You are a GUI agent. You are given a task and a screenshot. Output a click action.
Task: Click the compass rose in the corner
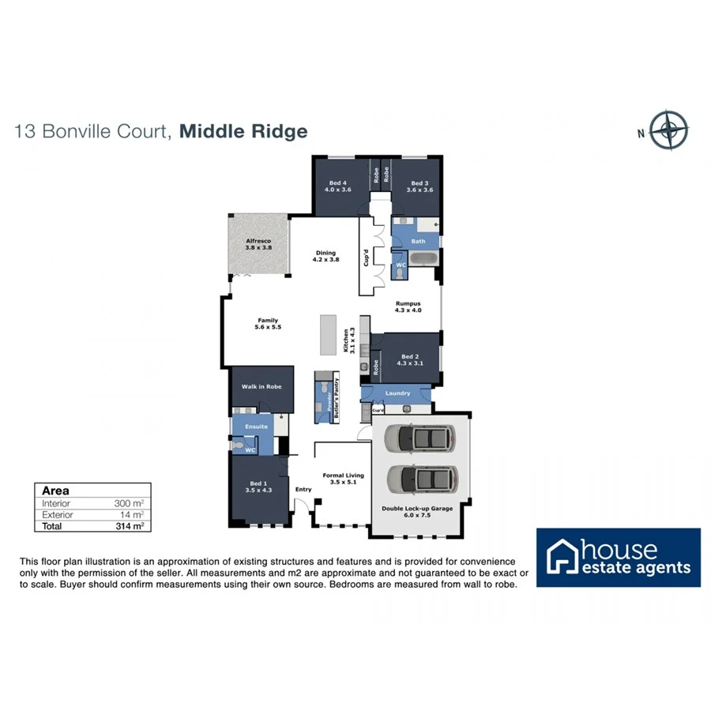[669, 130]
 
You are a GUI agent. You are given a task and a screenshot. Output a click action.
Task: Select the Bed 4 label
[338, 186]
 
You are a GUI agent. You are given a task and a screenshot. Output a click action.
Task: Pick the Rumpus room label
[408, 306]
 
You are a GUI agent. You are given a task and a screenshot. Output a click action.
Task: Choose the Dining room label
[325, 256]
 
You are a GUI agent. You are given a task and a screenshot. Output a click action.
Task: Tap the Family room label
[268, 323]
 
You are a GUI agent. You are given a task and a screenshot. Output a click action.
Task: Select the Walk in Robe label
[261, 387]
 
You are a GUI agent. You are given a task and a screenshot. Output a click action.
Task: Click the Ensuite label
[258, 427]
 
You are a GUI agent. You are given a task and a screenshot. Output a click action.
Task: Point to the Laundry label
[397, 393]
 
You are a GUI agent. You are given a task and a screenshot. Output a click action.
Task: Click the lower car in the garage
[423, 479]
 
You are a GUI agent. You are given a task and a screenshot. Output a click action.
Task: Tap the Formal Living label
[343, 478]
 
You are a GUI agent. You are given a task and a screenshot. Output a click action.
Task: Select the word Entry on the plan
[303, 489]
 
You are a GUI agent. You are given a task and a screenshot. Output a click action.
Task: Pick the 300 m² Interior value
[129, 503]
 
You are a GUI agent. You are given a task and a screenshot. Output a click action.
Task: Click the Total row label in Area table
[52, 525]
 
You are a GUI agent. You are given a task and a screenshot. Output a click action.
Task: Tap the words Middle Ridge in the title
[243, 131]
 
